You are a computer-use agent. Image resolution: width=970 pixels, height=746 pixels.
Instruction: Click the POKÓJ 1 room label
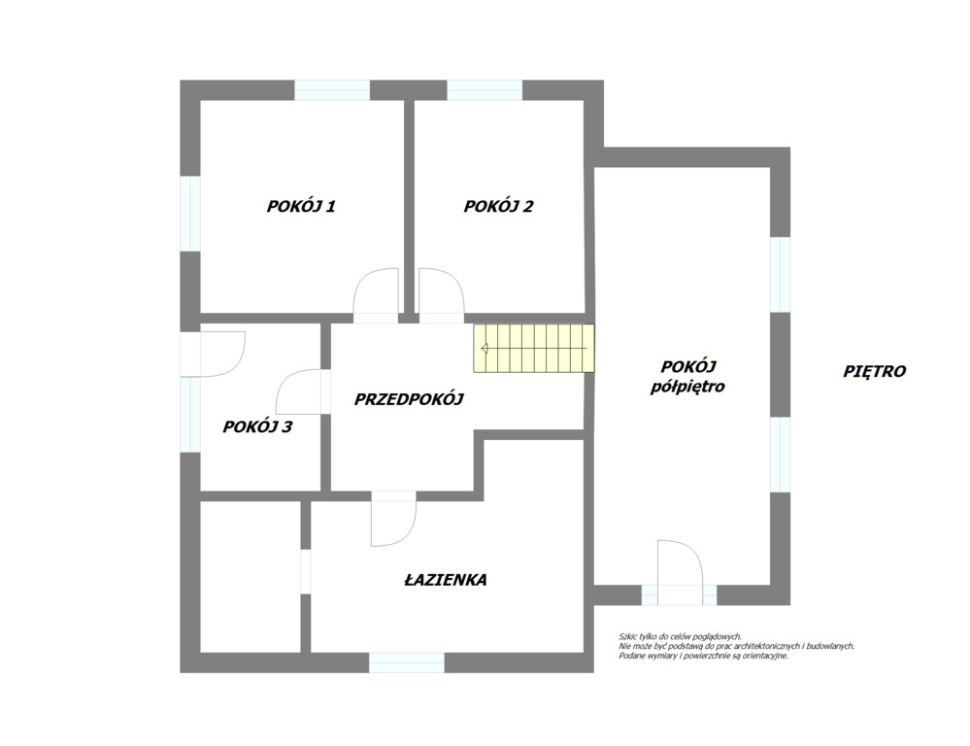(301, 206)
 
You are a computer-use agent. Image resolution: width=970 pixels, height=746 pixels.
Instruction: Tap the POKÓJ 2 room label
(498, 206)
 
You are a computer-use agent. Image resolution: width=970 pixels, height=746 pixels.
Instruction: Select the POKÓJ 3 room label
(257, 426)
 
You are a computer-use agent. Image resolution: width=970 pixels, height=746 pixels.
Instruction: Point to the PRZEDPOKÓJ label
(408, 399)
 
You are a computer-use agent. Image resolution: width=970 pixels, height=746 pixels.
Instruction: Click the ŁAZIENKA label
(446, 580)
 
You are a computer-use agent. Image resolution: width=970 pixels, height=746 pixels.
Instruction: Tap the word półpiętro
(687, 387)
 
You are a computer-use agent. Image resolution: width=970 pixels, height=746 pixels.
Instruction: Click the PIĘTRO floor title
(874, 371)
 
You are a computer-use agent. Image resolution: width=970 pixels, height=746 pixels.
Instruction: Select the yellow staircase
(534, 349)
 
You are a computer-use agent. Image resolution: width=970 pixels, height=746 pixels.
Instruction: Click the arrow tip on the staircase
(483, 349)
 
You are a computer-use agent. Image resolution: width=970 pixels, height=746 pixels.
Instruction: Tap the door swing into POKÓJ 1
(376, 295)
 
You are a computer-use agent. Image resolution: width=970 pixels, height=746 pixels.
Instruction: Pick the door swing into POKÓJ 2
(441, 295)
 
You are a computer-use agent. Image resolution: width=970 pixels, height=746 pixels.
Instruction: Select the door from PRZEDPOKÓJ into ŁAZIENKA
(393, 519)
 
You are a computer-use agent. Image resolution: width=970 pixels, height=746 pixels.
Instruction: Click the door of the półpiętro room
(680, 573)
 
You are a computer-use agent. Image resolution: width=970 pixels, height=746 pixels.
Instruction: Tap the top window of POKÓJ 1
(332, 90)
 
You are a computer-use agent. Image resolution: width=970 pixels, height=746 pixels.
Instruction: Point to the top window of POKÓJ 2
(485, 90)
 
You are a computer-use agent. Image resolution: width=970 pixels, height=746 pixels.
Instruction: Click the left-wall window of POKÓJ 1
(190, 214)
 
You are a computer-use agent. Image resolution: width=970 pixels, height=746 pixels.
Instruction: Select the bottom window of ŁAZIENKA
(407, 662)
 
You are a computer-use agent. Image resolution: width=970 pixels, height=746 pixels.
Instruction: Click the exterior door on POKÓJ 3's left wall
(213, 355)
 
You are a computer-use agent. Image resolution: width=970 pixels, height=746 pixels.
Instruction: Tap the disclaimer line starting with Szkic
(680, 636)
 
